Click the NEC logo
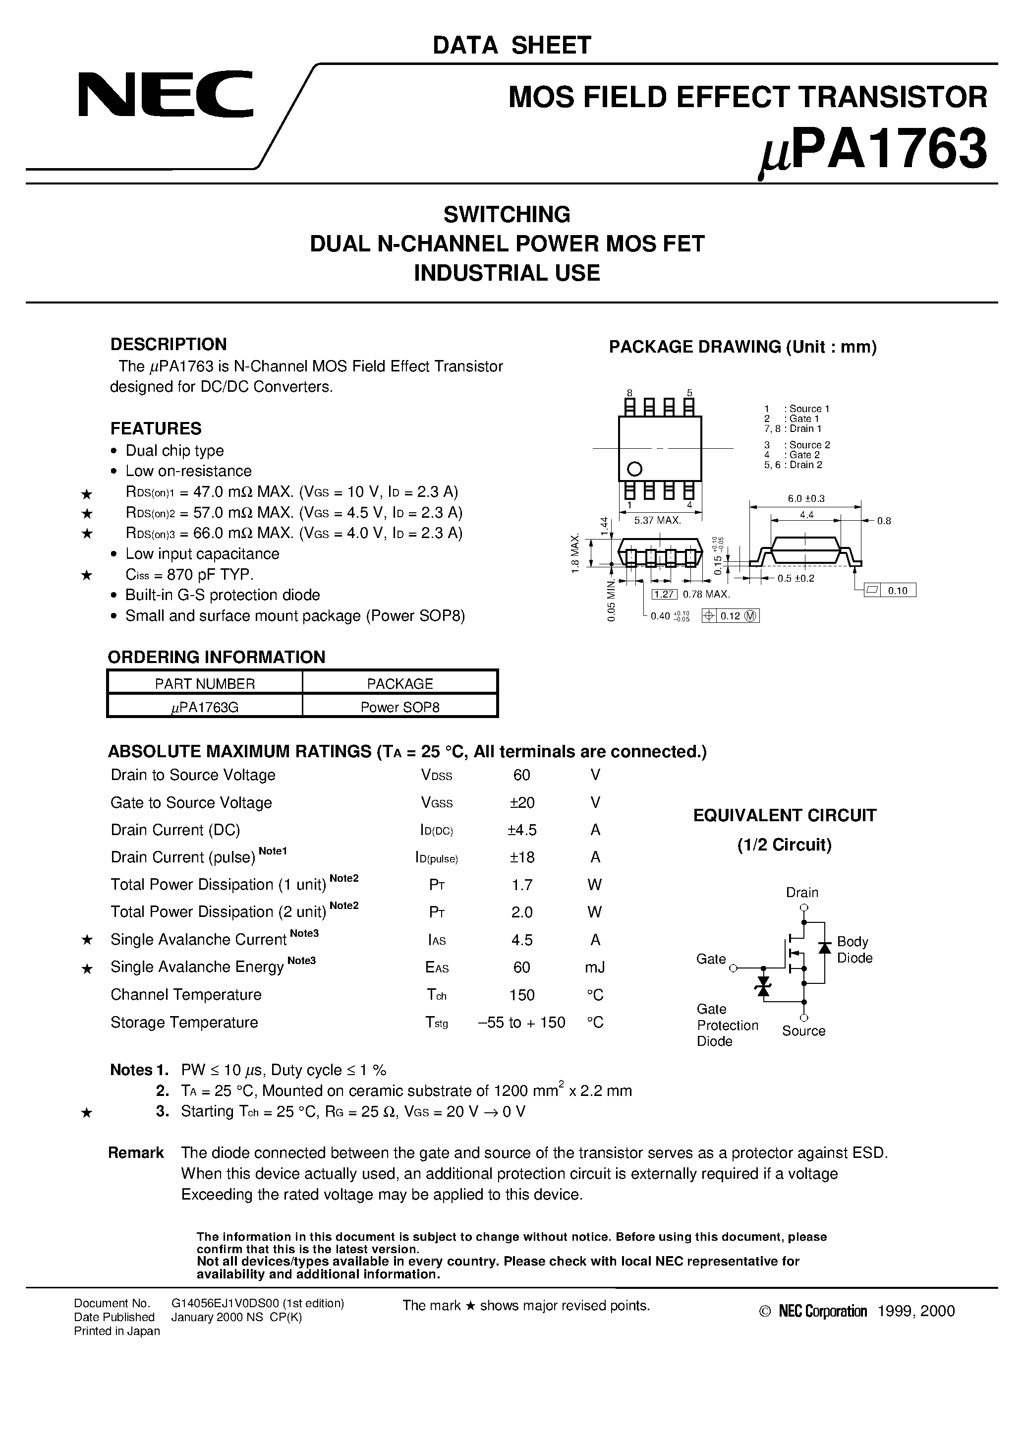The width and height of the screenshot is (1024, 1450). pos(166,95)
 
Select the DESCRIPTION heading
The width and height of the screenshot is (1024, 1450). pos(168,344)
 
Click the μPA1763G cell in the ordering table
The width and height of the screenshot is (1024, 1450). pos(205,707)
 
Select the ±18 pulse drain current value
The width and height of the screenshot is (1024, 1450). pos(521,857)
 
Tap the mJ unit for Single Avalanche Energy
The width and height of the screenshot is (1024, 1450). pos(595,967)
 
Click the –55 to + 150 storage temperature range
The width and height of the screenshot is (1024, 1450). pos(521,1023)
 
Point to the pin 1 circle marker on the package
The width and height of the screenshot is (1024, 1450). pos(634,469)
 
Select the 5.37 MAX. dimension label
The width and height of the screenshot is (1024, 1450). pos(658,520)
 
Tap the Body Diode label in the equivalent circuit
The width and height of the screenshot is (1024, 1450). pos(854,950)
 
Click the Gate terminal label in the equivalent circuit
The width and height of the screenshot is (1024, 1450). pos(711,959)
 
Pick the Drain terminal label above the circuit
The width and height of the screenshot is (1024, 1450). pos(802,892)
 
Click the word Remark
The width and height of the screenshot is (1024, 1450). pos(136,1152)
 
